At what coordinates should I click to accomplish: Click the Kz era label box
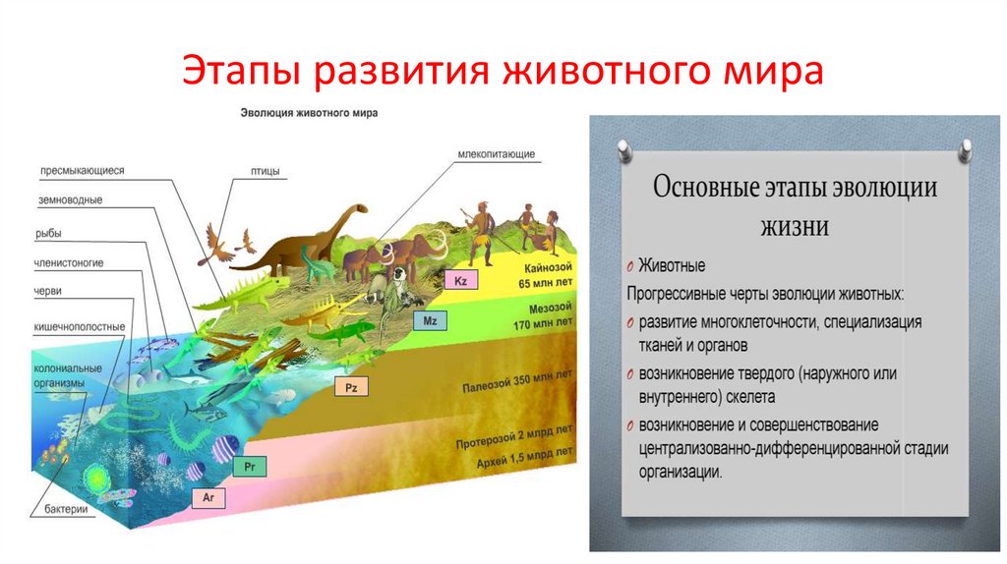[460, 280]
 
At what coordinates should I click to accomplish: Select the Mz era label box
[430, 321]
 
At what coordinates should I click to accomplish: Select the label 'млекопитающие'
[496, 154]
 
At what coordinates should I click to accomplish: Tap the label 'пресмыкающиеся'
[82, 169]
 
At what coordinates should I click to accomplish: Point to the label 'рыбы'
[48, 233]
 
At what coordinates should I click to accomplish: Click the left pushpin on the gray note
[622, 149]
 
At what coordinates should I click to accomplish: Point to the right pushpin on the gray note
[966, 149]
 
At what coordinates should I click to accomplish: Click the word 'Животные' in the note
[672, 265]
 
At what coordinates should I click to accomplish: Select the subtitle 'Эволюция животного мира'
[309, 113]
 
